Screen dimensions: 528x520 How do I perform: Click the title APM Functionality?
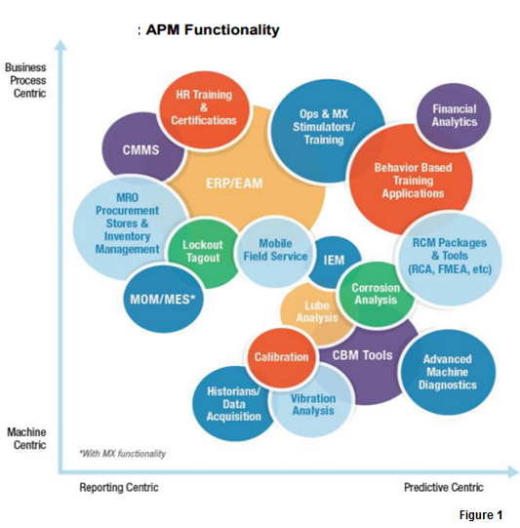point(212,30)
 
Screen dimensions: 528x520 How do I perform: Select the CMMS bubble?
point(140,150)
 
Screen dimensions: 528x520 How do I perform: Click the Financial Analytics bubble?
point(454,116)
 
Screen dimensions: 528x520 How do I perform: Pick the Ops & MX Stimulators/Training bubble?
point(323,127)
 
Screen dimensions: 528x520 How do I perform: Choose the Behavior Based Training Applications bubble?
point(413,181)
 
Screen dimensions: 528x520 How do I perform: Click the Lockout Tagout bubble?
point(203,252)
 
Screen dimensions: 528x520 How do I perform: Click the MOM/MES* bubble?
point(163,298)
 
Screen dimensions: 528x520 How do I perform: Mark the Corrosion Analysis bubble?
point(375,294)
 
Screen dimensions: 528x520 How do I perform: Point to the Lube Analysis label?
point(316,311)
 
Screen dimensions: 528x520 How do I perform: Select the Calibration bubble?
point(281,357)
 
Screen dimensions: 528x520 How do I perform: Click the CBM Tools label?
point(362,355)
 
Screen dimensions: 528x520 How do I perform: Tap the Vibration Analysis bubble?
point(313,404)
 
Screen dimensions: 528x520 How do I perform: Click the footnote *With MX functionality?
point(123,454)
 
